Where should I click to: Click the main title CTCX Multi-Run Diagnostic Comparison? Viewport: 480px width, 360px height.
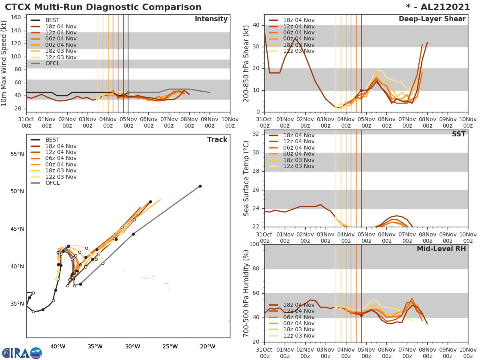103,7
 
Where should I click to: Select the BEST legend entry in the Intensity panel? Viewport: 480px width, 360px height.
52,20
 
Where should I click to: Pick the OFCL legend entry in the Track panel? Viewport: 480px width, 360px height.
52,183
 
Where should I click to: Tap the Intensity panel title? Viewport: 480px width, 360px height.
211,19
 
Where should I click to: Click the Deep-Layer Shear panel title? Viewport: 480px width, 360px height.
432,19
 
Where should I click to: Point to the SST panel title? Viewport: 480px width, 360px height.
458,134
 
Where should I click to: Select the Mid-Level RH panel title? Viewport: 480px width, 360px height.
441,249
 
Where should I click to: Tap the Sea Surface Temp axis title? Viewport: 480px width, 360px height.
246,178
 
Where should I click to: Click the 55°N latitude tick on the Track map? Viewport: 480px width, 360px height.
17,154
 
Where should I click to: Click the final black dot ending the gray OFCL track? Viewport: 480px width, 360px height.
200,186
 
